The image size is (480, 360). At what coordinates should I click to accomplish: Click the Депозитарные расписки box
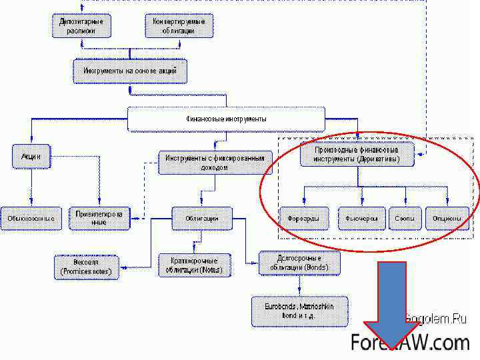point(81,26)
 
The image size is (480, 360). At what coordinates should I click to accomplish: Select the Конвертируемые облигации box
point(179,26)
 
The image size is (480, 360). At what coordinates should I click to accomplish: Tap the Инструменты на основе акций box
point(129,70)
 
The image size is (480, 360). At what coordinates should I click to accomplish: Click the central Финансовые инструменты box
point(226,119)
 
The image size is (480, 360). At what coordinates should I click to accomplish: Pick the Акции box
point(31,156)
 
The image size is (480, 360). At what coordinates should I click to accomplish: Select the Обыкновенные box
point(31,218)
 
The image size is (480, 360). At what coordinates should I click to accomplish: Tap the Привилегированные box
point(98,218)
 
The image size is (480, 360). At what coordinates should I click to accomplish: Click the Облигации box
point(202,218)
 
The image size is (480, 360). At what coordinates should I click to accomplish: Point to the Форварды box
point(303,218)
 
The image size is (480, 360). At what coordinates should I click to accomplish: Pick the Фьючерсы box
point(362,218)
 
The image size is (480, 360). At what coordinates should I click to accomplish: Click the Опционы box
point(447,218)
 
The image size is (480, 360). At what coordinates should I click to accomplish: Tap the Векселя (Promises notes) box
point(86,267)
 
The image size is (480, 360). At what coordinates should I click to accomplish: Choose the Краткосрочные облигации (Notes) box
point(194,265)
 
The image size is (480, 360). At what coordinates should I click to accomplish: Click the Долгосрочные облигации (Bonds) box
point(299,263)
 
